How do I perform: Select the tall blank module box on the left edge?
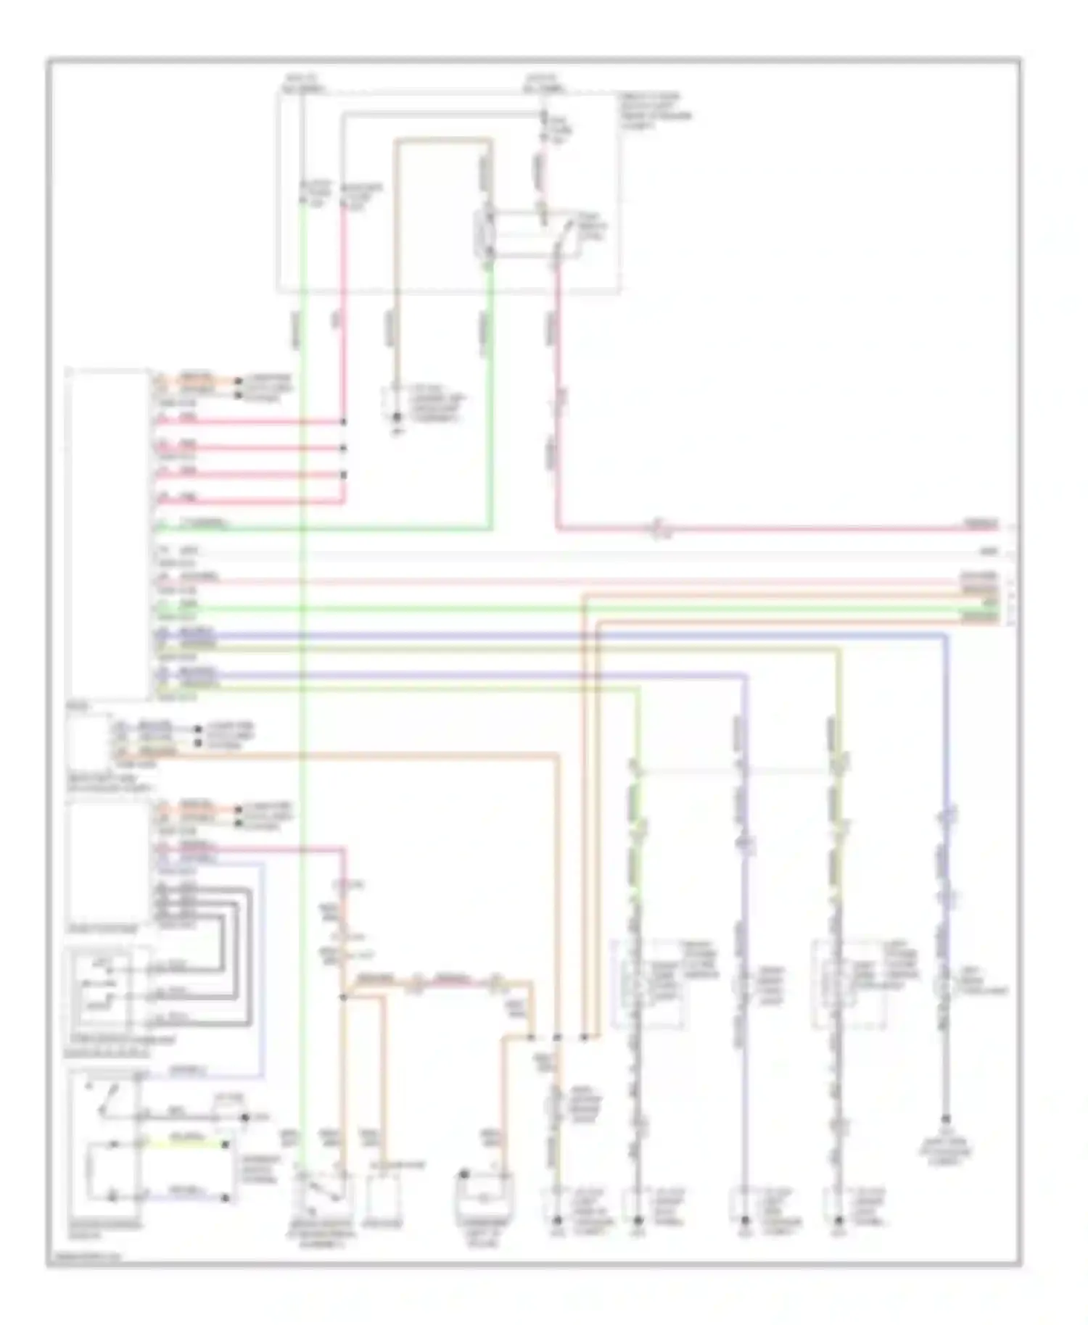(x=107, y=533)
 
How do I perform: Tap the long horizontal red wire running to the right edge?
(x=762, y=528)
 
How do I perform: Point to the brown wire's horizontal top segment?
(x=442, y=141)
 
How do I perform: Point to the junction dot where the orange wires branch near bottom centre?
(x=344, y=997)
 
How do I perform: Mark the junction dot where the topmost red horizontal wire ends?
(x=344, y=421)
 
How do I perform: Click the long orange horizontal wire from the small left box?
(x=363, y=756)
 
